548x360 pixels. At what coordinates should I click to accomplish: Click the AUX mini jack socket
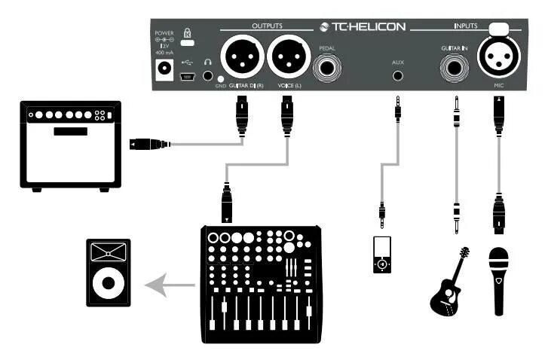tap(397, 75)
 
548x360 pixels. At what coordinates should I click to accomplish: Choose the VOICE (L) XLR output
tap(286, 56)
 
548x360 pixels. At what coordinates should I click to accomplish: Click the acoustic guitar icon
tap(450, 281)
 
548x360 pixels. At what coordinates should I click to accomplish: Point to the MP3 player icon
tap(384, 255)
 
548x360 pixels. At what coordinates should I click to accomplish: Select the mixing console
tap(259, 284)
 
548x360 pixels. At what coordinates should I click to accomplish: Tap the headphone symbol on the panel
tap(208, 64)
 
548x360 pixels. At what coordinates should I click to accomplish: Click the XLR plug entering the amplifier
tap(148, 144)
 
